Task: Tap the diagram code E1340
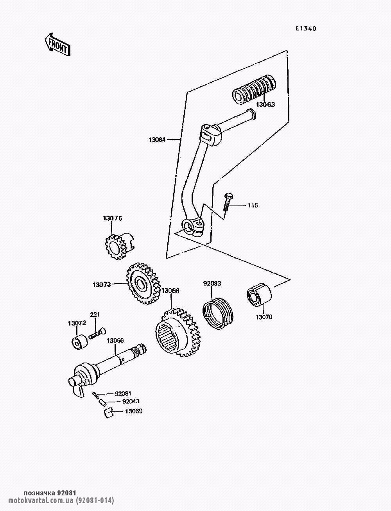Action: [306, 29]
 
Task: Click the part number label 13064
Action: [157, 140]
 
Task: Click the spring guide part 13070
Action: [259, 295]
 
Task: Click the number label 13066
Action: [115, 341]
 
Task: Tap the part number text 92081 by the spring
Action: [123, 393]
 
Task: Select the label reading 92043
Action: [131, 401]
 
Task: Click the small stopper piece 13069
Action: [108, 413]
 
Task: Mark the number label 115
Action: [253, 205]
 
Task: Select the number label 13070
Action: [264, 317]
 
